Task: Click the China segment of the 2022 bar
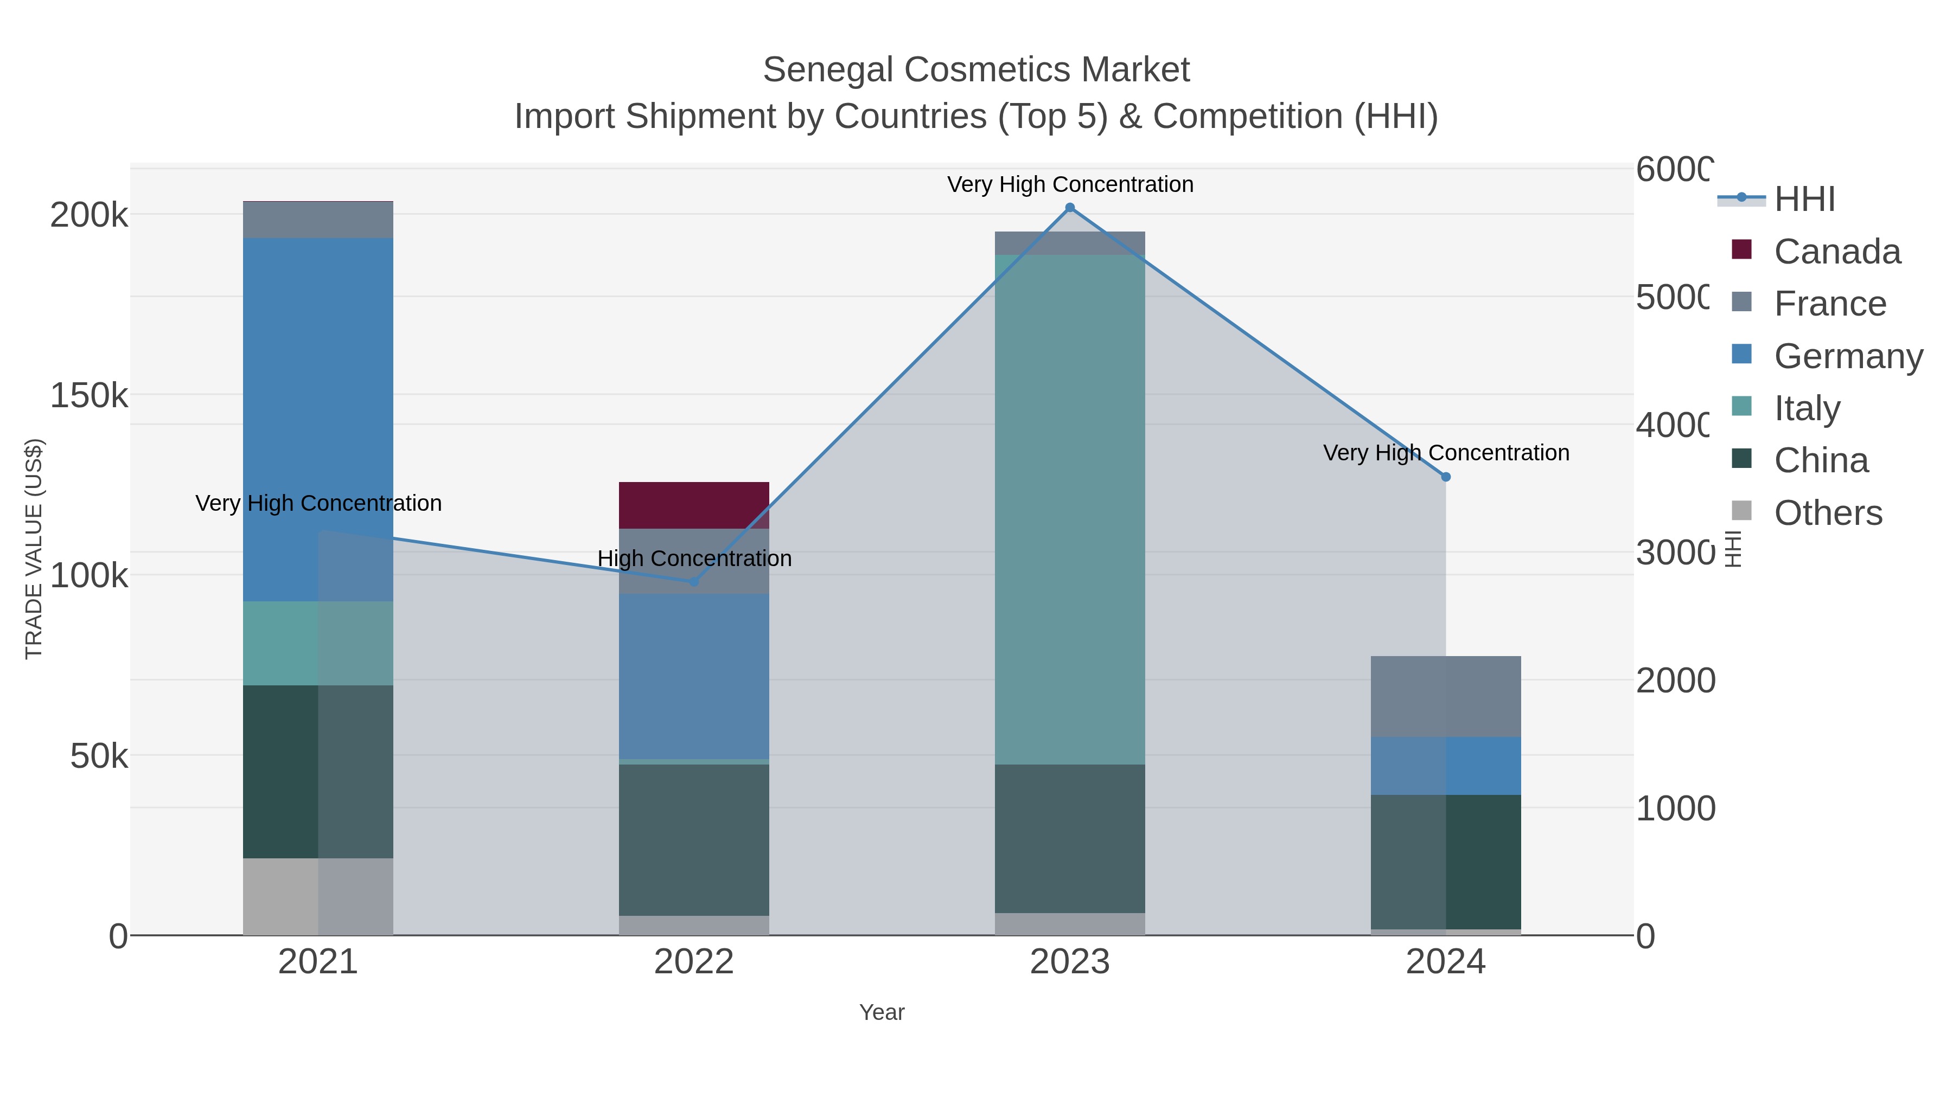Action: pos(694,839)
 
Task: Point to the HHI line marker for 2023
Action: pos(1070,208)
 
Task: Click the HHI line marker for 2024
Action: pos(1445,477)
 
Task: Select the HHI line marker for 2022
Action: pos(694,581)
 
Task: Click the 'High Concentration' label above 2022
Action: pos(694,558)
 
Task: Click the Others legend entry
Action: pos(1827,513)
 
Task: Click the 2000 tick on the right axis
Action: pos(1674,680)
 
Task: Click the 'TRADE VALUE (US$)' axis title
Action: pos(34,549)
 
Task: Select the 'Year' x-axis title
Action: pos(881,1012)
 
